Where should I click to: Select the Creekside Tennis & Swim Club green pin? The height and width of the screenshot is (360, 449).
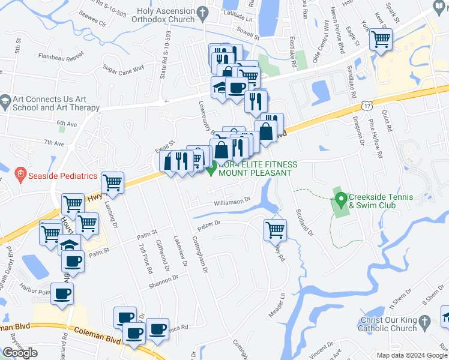[x=341, y=197]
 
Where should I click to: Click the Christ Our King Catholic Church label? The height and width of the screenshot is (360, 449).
[x=387, y=324]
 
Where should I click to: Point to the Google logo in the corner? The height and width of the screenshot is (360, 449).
[x=20, y=353]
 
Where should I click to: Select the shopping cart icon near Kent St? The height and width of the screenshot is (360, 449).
[x=381, y=39]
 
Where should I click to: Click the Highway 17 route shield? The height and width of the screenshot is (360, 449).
[x=367, y=106]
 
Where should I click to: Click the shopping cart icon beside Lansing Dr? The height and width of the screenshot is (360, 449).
[x=112, y=181]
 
